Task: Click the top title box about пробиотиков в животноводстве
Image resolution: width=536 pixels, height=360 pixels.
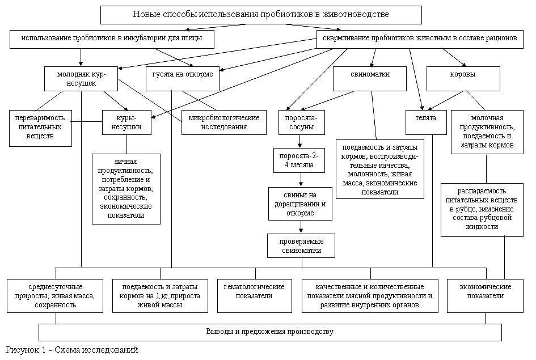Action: [x=261, y=15]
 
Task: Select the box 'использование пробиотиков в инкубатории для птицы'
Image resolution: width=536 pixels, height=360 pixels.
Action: [x=112, y=39]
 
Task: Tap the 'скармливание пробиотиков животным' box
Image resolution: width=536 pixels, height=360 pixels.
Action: [x=420, y=39]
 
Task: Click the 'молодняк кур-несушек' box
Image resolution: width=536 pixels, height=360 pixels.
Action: [x=81, y=79]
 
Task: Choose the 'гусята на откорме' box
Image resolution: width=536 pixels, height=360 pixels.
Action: [x=183, y=79]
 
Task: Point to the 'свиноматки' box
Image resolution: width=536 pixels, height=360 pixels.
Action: [x=370, y=79]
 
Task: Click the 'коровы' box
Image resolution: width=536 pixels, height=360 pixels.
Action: [x=463, y=79]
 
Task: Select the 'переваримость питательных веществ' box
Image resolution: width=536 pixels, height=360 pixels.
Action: [x=40, y=128]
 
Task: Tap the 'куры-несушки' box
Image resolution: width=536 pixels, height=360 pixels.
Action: [x=126, y=122]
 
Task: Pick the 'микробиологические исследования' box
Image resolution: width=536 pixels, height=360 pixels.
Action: [x=224, y=122]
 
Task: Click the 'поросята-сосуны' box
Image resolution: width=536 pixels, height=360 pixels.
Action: [x=301, y=122]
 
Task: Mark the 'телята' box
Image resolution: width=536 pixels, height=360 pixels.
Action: [x=426, y=122]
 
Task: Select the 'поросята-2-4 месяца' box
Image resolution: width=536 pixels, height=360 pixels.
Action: [x=299, y=160]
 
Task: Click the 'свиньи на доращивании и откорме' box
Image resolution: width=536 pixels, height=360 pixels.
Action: [x=300, y=204]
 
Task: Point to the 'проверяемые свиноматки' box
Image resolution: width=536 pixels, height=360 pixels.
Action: [x=301, y=245]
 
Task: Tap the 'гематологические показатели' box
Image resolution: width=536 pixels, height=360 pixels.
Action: [x=254, y=296]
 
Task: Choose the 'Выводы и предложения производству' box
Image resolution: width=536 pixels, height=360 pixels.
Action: [x=270, y=332]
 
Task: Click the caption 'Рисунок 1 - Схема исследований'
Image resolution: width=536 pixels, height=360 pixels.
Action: [x=72, y=350]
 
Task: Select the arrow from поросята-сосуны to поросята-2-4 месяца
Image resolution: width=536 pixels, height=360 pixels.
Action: [x=300, y=141]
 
